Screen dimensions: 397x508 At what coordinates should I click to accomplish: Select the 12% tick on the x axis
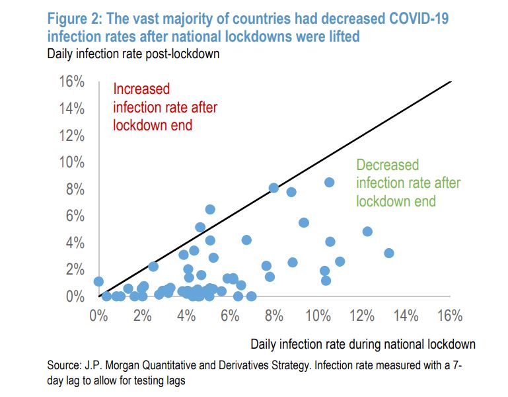(362, 316)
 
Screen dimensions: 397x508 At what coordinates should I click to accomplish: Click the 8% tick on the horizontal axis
(274, 316)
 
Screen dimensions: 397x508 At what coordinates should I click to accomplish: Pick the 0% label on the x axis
(98, 316)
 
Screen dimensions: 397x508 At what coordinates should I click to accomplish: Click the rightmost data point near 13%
(388, 253)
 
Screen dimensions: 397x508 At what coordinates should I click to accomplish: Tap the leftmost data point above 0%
(98, 281)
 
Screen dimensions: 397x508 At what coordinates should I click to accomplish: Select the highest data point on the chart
(329, 182)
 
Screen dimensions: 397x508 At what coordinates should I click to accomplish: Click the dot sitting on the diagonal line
(273, 188)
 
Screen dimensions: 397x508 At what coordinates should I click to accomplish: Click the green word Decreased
(388, 165)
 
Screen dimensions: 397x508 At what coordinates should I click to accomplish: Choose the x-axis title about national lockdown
(363, 344)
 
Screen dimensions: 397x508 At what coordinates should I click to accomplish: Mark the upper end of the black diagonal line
(451, 81)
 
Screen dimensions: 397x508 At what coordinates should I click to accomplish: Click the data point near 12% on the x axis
(367, 232)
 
